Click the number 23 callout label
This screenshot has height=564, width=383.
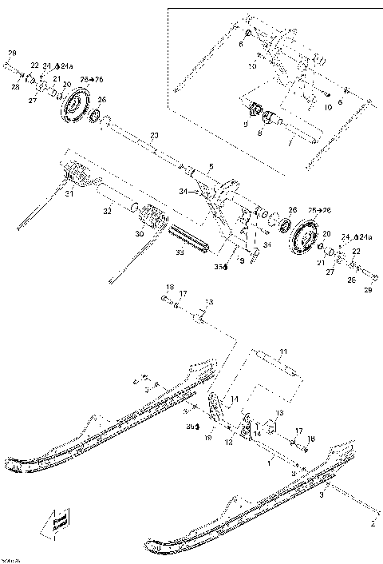click(x=154, y=135)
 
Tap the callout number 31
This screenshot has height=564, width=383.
click(x=69, y=193)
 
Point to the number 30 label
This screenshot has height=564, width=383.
click(x=140, y=235)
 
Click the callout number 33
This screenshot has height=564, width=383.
click(x=179, y=252)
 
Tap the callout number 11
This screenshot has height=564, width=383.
click(x=282, y=352)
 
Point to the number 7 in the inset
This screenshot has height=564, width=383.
click(x=290, y=138)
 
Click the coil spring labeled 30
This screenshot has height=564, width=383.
click(x=151, y=216)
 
